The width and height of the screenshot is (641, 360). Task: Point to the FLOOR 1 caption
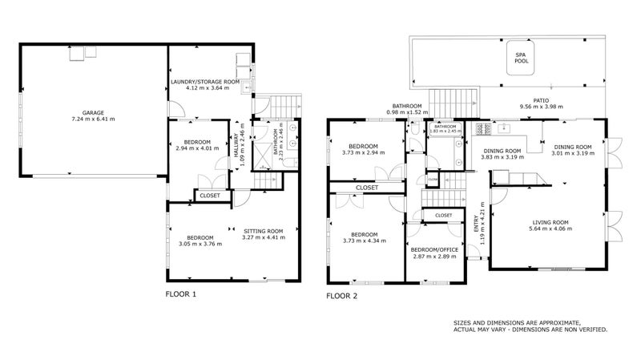coord(180,294)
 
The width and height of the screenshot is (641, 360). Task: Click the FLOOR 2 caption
coord(341,296)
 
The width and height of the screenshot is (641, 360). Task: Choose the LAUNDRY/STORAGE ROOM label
coord(206,81)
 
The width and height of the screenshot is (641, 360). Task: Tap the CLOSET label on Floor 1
coord(210,195)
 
